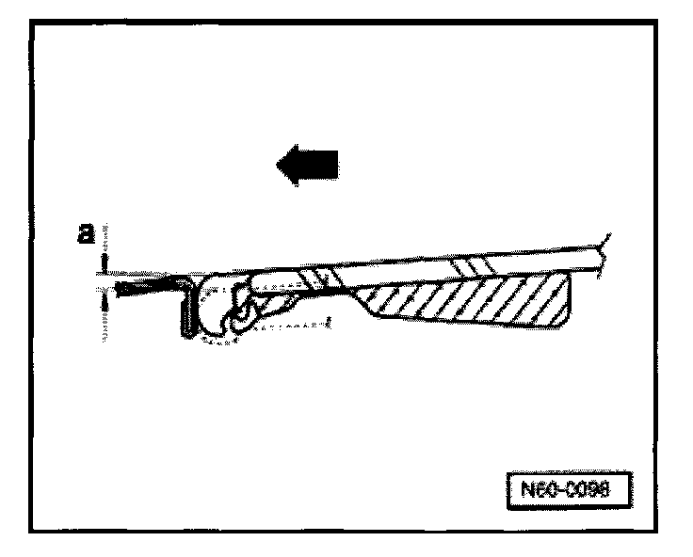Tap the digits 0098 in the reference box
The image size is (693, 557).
tap(588, 489)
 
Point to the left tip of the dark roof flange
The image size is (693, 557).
tap(115, 281)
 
